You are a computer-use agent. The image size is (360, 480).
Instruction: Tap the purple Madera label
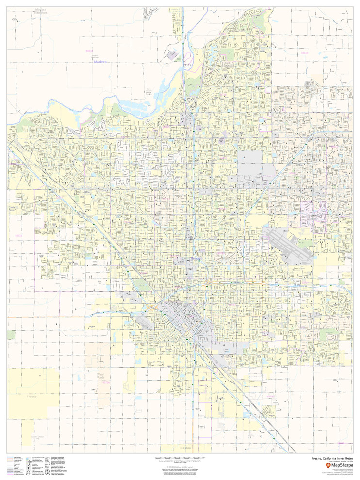(99, 62)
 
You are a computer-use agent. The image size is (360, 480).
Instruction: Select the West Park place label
(101, 376)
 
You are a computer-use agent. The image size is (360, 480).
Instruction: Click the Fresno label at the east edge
(345, 275)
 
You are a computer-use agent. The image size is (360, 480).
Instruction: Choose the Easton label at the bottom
(185, 448)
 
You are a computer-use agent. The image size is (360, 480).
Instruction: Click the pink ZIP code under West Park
(106, 382)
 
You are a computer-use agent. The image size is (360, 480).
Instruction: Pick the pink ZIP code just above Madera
(88, 50)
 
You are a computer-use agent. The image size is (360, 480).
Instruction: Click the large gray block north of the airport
(250, 157)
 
